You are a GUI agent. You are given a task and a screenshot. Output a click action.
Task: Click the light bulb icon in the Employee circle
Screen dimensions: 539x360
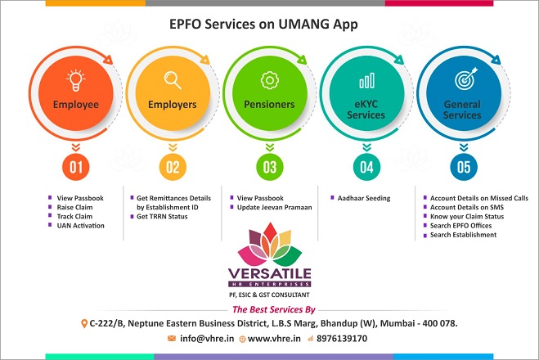tap(75, 80)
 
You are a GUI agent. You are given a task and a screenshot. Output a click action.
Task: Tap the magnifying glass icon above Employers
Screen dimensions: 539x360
tap(173, 79)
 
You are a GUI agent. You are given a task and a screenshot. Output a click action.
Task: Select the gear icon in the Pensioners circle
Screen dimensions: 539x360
tap(270, 80)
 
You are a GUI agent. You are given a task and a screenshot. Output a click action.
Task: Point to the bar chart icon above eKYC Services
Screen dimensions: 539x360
tap(366, 80)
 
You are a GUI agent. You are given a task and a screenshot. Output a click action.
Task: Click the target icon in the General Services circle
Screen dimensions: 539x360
tap(465, 79)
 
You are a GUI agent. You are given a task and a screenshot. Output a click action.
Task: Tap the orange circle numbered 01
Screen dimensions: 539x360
tap(75, 167)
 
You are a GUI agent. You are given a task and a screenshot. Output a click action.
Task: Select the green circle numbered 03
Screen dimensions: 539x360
tap(270, 167)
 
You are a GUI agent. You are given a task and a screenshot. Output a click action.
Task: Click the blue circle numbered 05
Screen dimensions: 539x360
tap(464, 167)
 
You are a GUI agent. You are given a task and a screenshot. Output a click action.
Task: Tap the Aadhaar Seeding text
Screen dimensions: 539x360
tap(364, 198)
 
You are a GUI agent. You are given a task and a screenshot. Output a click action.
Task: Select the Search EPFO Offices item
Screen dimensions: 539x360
tap(460, 226)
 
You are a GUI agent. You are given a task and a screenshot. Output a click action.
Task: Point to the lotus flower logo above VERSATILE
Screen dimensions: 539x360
tap(270, 244)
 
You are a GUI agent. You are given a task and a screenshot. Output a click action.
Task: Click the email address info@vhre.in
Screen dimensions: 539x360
tap(207, 339)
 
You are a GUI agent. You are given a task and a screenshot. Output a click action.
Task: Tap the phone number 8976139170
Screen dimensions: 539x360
tap(342, 339)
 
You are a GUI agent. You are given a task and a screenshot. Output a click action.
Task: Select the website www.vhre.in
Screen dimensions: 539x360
tap(274, 339)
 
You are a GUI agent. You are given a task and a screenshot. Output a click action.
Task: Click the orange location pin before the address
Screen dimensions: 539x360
tap(84, 323)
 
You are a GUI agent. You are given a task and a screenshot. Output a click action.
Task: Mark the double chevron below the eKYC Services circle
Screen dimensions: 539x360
tap(366, 147)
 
